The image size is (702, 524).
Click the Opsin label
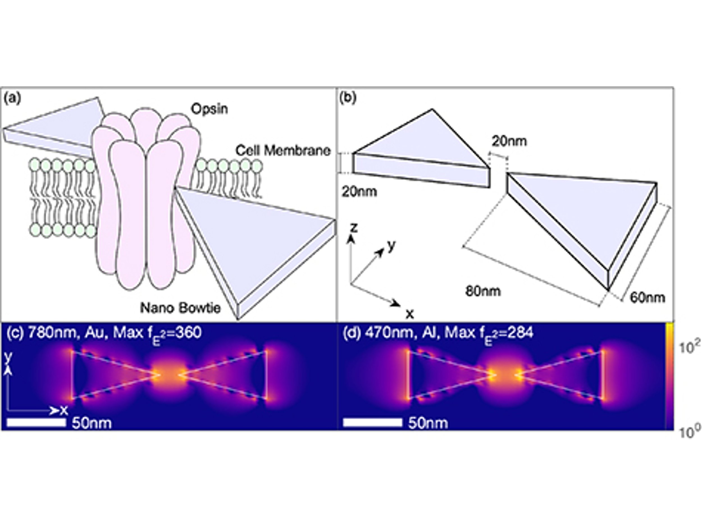209,109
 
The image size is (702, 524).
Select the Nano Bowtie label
180,307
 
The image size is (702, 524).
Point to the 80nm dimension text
483,291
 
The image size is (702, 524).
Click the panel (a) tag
12,98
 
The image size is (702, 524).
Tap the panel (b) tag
348,98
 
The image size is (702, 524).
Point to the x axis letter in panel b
410,314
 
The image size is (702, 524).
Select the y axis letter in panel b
392,245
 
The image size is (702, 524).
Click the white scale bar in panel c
36,422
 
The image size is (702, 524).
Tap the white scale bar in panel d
373,422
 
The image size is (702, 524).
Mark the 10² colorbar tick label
689,348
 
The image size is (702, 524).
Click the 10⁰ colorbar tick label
689,432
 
